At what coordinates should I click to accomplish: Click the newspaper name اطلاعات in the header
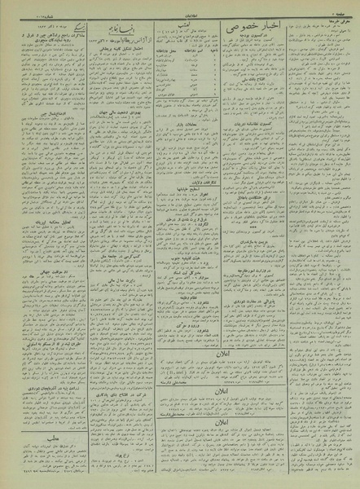coord(180,6)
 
